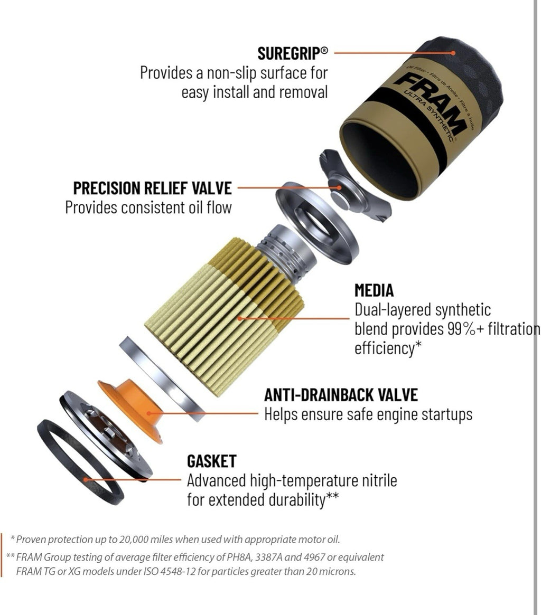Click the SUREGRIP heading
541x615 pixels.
click(292, 53)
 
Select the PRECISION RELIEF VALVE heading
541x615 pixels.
click(152, 188)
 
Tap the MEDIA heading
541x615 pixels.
click(374, 290)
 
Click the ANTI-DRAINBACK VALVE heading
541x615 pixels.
click(341, 395)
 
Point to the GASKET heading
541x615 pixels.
click(212, 461)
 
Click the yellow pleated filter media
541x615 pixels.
click(224, 314)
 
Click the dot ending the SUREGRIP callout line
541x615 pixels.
click(453, 53)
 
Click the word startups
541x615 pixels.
click(447, 415)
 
